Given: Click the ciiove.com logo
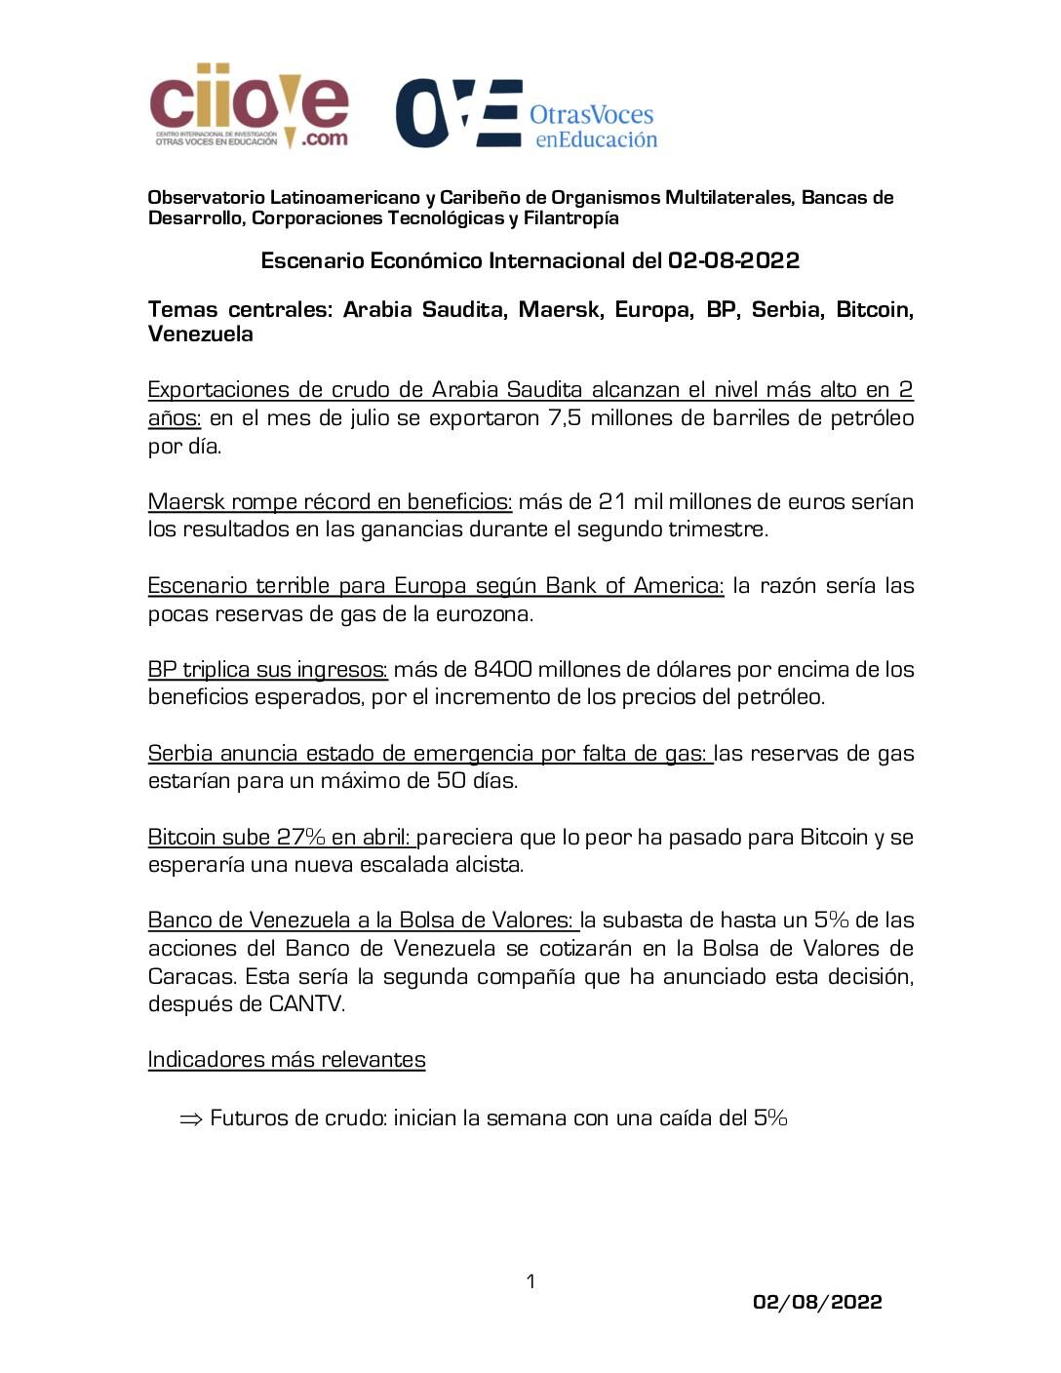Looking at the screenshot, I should point(249,105).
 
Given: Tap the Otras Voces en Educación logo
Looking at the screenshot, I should point(527,114).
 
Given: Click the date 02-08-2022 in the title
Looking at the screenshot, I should point(733,260).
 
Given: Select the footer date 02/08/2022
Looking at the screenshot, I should point(817,1302).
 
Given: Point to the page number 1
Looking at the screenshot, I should point(530,1281).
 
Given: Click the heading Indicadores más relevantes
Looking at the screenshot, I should point(287,1060).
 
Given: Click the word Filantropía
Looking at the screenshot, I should point(570,218).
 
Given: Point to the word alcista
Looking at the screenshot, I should point(486,865).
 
